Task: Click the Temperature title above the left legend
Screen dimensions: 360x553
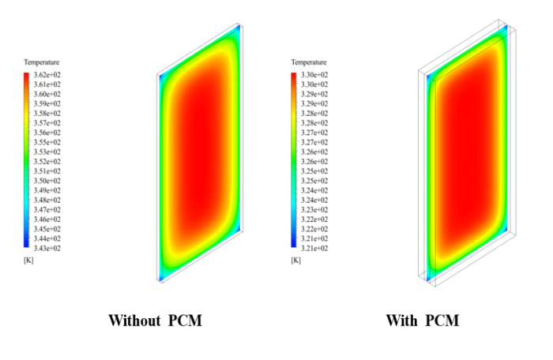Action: pos(41,62)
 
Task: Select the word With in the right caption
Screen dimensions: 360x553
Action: pos(401,321)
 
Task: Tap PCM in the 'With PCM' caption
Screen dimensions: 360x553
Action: pos(442,321)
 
